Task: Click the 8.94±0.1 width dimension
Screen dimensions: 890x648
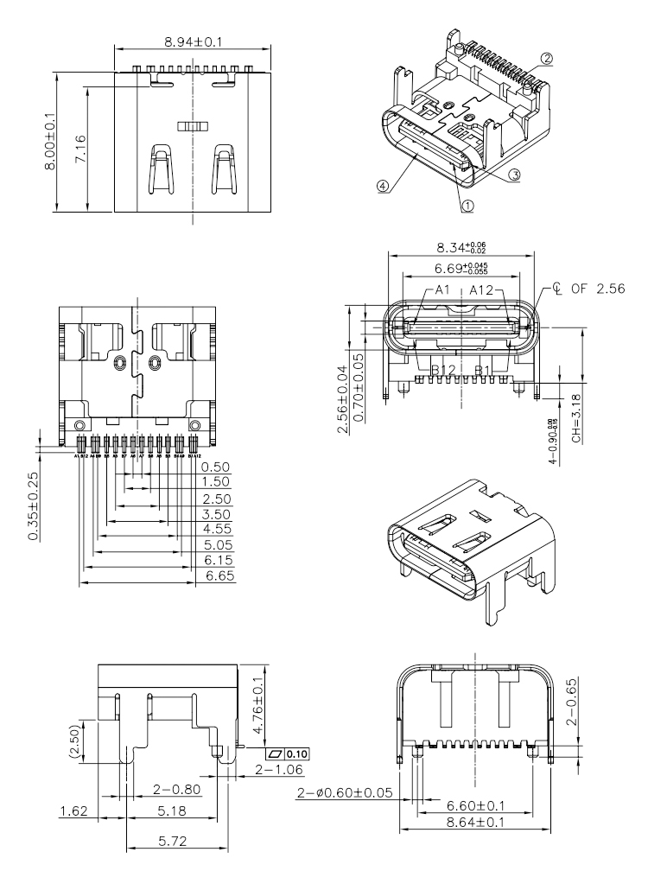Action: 193,41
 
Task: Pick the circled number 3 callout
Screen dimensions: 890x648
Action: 514,174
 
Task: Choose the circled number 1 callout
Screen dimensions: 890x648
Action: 467,206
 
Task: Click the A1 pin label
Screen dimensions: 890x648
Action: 442,290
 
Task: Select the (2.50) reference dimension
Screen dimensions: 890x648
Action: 75,741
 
